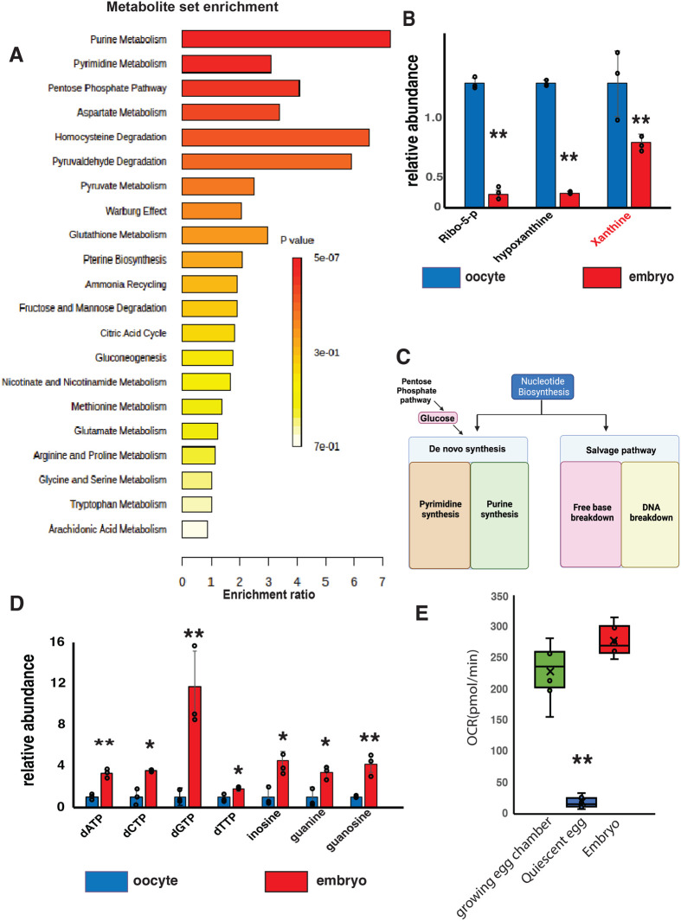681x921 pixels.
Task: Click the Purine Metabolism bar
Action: tap(286, 39)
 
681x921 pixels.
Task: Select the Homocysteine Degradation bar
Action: tap(275, 137)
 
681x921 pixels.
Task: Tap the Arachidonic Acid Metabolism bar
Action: tap(195, 529)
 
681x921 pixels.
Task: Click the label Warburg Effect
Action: tap(136, 211)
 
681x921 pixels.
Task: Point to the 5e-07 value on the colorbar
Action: tap(326, 258)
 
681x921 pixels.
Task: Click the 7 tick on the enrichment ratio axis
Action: tap(382, 581)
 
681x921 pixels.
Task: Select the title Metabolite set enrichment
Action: tap(192, 7)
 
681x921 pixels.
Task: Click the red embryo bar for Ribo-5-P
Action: tap(498, 201)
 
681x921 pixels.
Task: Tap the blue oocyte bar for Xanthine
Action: tap(617, 145)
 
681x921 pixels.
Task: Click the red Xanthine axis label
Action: tap(611, 229)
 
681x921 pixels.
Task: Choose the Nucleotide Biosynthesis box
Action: tap(543, 387)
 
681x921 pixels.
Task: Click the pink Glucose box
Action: tap(437, 419)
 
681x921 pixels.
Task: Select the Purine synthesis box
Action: tap(499, 515)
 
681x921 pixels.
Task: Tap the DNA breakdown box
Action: tap(651, 514)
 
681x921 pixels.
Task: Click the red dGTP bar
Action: tap(195, 746)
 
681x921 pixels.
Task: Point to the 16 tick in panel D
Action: tap(57, 642)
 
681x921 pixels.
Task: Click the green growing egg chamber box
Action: tap(550, 669)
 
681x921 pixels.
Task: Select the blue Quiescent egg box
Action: tap(581, 802)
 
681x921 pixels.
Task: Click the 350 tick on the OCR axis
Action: tap(499, 597)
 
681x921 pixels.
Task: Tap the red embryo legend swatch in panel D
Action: tap(286, 881)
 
